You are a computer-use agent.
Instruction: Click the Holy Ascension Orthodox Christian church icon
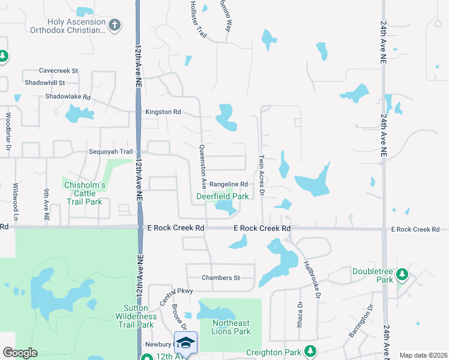115,25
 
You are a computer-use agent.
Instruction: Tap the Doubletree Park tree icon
402,275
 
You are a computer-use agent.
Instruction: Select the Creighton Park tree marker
310,350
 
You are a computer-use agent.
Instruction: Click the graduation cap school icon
186,343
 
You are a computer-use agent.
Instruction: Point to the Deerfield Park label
223,196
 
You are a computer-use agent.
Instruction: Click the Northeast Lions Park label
231,327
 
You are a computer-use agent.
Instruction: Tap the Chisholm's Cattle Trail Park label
85,194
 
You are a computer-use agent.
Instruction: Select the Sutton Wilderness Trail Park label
137,316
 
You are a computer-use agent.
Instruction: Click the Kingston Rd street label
163,112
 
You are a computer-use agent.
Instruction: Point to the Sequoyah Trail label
110,152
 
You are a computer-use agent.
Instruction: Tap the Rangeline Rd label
229,184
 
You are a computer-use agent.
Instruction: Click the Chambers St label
220,278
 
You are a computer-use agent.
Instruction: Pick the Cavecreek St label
58,71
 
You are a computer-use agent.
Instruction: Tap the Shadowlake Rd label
68,97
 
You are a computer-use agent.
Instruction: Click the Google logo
20,353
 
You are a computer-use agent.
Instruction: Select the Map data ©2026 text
423,355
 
